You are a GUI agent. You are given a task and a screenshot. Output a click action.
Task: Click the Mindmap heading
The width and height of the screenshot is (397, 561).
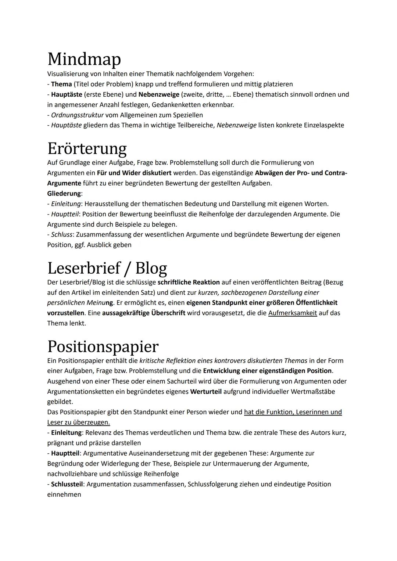click(84, 59)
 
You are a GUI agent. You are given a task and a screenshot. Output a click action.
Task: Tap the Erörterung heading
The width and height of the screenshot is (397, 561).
click(87, 149)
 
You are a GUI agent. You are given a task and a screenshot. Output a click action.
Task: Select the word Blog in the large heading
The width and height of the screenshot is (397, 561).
click(151, 269)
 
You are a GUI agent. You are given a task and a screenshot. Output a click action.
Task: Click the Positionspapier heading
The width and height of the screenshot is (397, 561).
click(103, 346)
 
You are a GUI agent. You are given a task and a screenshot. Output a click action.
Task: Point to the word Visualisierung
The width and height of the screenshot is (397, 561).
click(68, 74)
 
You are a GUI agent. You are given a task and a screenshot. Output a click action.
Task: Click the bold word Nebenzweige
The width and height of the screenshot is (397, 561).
click(159, 94)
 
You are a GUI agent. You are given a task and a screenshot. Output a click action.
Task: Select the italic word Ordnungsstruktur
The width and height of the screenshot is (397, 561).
click(77, 115)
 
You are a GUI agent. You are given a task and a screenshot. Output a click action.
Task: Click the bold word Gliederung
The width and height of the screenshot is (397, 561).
click(64, 193)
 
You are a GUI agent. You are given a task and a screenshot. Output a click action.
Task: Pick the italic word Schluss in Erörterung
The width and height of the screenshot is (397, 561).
click(61, 234)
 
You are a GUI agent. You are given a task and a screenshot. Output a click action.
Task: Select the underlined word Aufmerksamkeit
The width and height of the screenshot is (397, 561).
click(293, 313)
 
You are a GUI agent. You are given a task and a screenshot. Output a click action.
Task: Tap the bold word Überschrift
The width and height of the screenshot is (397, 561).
click(168, 313)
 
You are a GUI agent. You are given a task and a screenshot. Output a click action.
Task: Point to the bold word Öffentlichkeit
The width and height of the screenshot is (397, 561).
click(316, 303)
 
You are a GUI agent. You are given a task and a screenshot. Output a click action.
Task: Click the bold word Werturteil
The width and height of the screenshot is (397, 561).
click(206, 392)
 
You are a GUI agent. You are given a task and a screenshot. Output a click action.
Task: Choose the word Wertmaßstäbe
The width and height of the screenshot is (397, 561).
click(313, 392)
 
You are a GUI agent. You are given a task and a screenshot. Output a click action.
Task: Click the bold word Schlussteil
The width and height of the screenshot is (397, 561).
click(67, 484)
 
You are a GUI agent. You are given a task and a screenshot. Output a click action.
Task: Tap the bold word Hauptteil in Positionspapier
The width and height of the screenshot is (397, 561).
click(65, 453)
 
